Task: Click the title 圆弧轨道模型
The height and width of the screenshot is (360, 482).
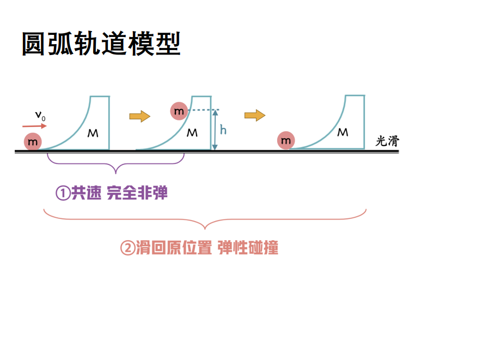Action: (101, 44)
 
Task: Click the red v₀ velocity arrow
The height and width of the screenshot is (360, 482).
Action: (35, 126)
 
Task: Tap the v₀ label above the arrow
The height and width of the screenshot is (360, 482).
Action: (40, 115)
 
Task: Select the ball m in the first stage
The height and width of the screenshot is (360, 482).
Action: (33, 142)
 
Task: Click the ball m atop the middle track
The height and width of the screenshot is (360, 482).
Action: (179, 111)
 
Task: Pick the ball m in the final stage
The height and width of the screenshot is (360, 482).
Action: (286, 141)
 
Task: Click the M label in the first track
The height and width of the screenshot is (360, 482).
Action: (93, 133)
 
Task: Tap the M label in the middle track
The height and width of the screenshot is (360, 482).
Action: (192, 133)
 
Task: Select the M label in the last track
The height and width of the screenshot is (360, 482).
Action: (343, 132)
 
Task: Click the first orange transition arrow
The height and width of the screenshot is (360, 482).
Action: (139, 116)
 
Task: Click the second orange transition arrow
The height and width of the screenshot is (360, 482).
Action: (254, 115)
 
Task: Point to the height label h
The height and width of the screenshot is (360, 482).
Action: (223, 130)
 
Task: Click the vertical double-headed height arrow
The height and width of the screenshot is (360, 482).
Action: (216, 130)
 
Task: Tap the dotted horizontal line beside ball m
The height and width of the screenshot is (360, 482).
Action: (202, 111)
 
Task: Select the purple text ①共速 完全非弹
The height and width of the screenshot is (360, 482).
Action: (112, 193)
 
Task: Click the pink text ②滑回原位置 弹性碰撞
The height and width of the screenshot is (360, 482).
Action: (199, 248)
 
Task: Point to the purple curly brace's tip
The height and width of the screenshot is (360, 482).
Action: (116, 172)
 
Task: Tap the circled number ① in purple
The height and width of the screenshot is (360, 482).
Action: (63, 193)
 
